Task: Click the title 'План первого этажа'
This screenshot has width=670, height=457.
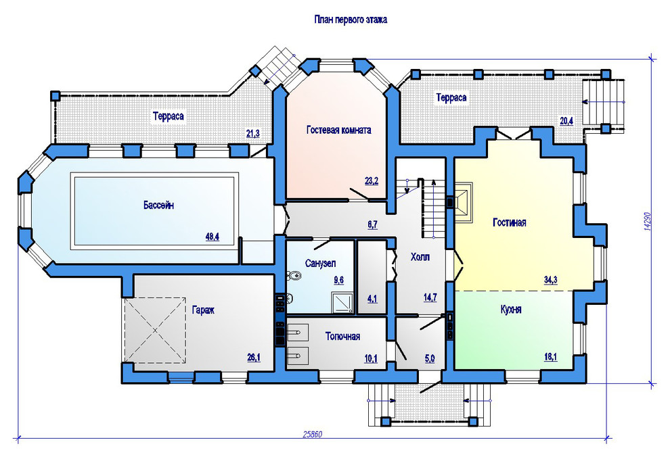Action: (x=351, y=20)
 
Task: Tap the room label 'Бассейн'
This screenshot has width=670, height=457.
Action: (x=158, y=206)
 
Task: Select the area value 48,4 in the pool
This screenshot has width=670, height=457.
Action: (x=213, y=237)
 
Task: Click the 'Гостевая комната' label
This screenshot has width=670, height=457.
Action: (x=339, y=130)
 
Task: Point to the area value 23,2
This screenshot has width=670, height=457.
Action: (x=372, y=181)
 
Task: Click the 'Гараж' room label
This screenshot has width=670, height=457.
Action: (x=203, y=310)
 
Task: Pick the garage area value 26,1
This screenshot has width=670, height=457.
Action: (x=254, y=357)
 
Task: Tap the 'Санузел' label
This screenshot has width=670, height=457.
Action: (x=321, y=263)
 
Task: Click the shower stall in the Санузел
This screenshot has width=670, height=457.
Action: (x=342, y=303)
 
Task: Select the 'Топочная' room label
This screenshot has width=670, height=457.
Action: (x=342, y=336)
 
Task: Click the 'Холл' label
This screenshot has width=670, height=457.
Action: (x=420, y=257)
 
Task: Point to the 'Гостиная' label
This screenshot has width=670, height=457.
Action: (x=510, y=222)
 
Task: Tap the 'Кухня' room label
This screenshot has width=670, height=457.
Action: (x=511, y=309)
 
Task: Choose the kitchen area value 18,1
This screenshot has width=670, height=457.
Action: (x=550, y=357)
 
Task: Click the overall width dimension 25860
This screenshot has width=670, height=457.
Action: (x=313, y=435)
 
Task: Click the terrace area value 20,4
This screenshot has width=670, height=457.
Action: (x=566, y=121)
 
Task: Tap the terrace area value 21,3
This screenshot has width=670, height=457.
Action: (x=253, y=134)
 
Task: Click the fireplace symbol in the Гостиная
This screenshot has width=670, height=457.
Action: (x=463, y=201)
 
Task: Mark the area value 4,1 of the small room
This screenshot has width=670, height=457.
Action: (x=372, y=298)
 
